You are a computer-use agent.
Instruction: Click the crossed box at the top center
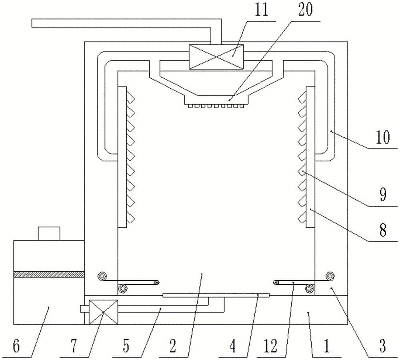click(x=216, y=57)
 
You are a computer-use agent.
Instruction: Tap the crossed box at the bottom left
click(x=103, y=312)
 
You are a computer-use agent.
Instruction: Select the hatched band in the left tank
click(x=49, y=274)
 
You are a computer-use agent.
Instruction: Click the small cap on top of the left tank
click(x=48, y=233)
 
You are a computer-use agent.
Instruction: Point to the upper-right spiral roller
click(x=330, y=275)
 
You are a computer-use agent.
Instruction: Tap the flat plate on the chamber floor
click(x=216, y=295)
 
